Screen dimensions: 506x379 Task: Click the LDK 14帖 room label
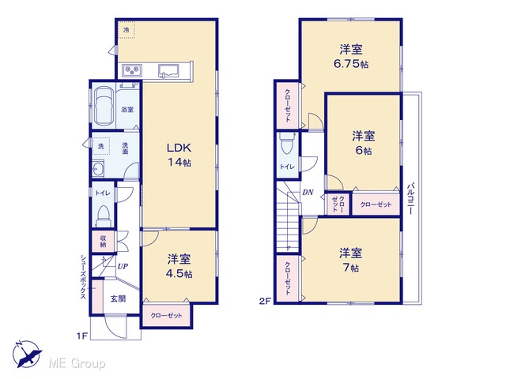tap(179, 155)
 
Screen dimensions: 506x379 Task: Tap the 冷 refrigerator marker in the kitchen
tap(126, 30)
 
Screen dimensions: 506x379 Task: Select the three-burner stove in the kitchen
tap(132, 70)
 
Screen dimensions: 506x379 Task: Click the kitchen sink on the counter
tap(169, 71)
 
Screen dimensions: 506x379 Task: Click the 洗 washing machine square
tap(101, 146)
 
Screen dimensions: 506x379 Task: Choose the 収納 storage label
tap(103, 242)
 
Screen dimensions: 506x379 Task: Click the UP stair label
tap(123, 267)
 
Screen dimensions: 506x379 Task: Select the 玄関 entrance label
tap(118, 298)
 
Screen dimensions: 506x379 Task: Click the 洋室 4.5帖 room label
tap(179, 266)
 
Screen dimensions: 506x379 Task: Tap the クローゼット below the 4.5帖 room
tap(167, 315)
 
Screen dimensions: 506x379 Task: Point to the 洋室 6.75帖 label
tap(351, 57)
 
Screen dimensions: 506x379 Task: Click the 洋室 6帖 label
tap(364, 143)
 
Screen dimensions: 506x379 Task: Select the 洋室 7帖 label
tap(350, 260)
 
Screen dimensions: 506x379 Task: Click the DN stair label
tap(308, 193)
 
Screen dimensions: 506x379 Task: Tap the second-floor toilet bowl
tap(287, 144)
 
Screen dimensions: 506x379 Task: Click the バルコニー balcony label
tap(410, 199)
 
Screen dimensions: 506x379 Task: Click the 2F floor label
tap(264, 302)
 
